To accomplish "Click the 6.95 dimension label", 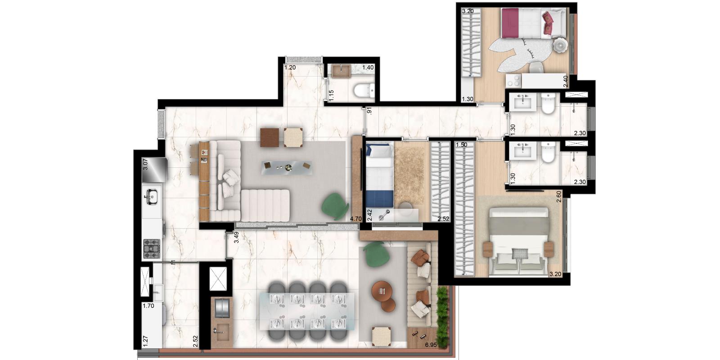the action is (431, 345).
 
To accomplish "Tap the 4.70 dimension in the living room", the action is (356, 219).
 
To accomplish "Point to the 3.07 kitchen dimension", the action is (145, 164).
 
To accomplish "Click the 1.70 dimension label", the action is (148, 306).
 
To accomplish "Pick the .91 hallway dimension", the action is (369, 111).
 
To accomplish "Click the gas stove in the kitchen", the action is (152, 248).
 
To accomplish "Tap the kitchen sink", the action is (152, 197).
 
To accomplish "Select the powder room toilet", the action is (364, 90).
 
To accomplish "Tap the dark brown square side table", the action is (270, 138).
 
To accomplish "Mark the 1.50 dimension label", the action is (462, 145).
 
